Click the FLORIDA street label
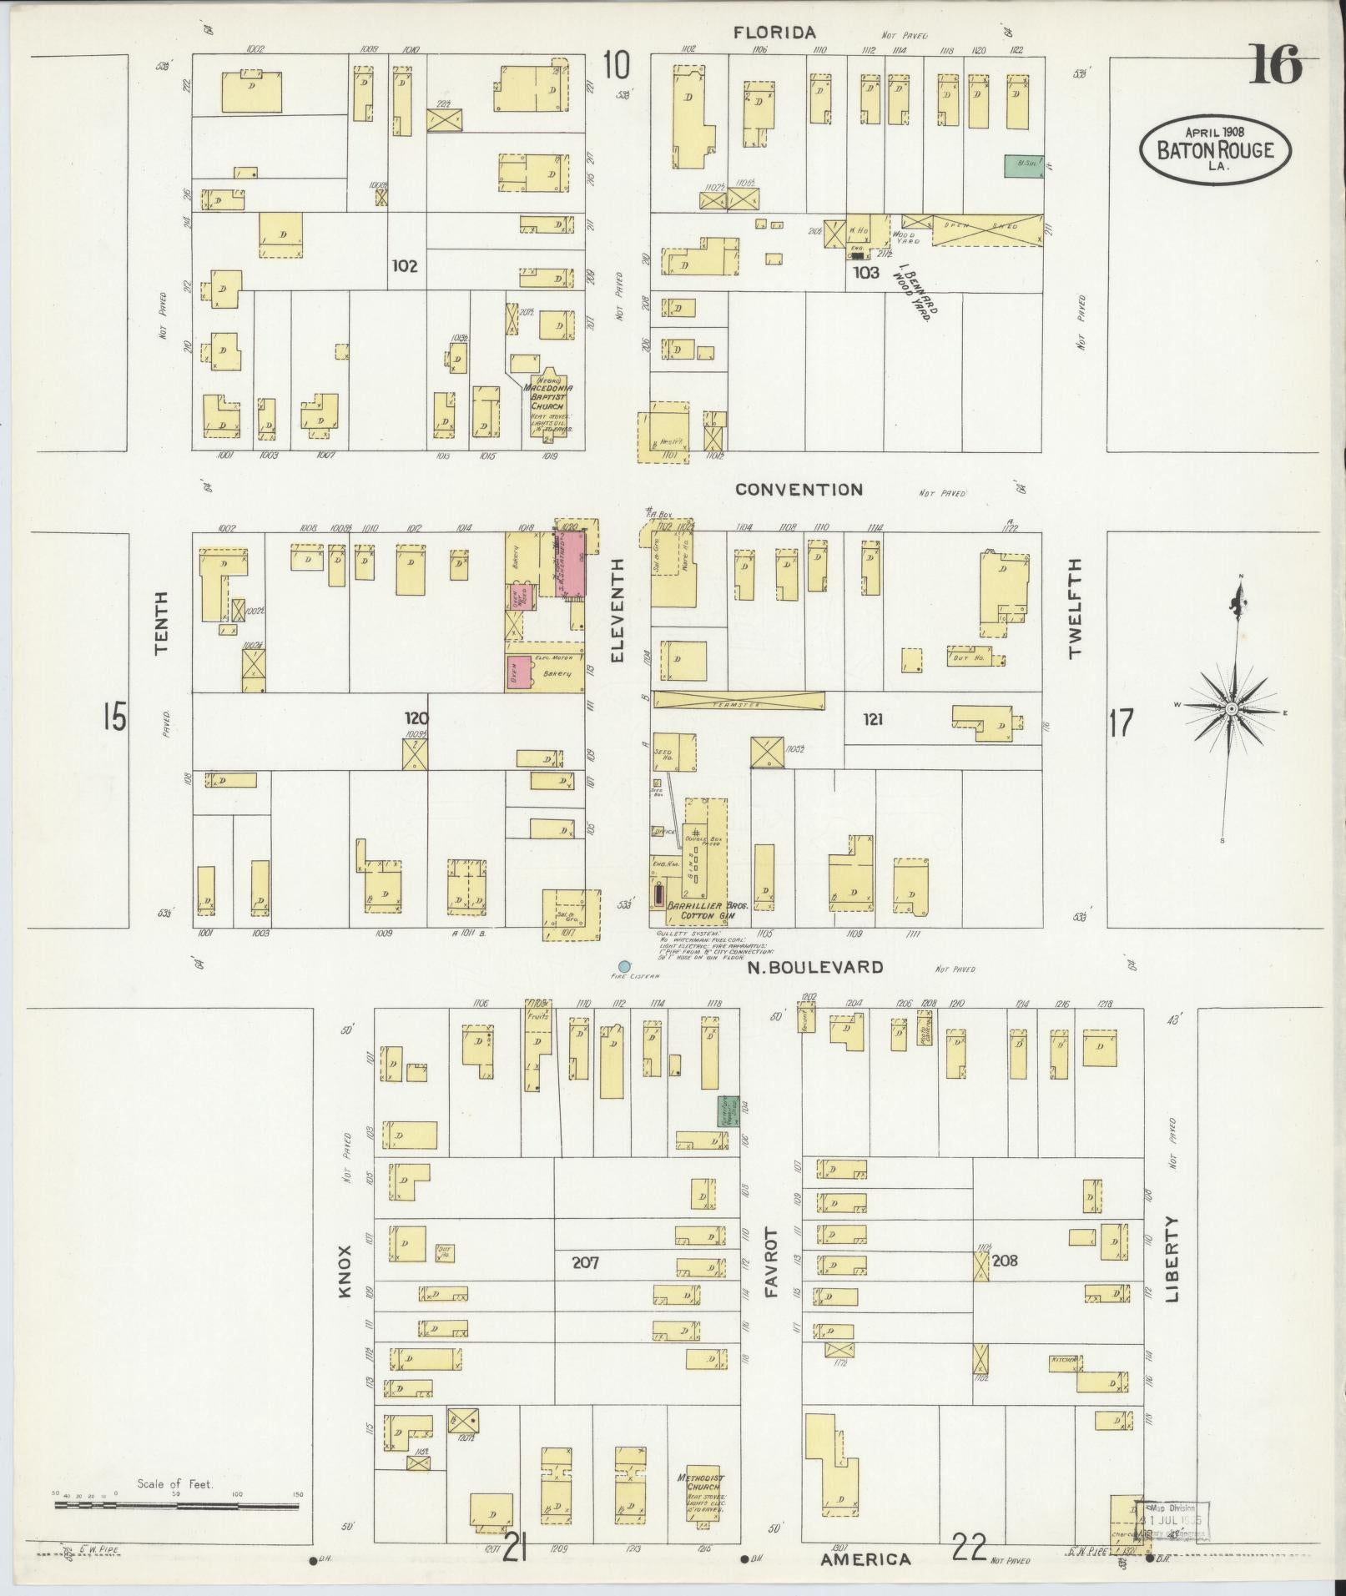774,33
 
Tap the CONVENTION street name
799,490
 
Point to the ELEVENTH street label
618,611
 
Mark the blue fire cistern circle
624,966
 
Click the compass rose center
1230,708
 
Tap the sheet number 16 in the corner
1275,66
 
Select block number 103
866,272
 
